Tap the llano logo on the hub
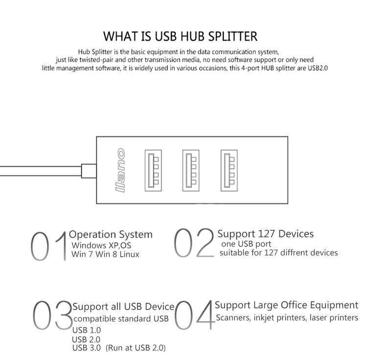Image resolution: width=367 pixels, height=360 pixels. tap(120, 170)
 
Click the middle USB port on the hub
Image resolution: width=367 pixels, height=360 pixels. tap(189, 170)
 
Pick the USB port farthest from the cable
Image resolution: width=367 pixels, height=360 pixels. tap(228, 170)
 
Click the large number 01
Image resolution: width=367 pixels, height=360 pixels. tap(49, 245)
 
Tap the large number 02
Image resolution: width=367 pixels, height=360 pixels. tap(194, 243)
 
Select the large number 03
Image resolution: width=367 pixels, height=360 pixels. tap(52, 315)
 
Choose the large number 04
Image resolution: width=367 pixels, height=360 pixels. tap(195, 315)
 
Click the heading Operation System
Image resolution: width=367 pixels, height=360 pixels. tap(111, 235)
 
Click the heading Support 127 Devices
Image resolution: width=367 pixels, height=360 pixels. tap(266, 234)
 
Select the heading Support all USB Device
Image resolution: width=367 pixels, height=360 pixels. tap(123, 307)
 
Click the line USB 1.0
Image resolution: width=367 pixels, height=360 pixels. tap(87, 330)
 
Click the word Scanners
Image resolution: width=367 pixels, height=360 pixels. tap(233, 318)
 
